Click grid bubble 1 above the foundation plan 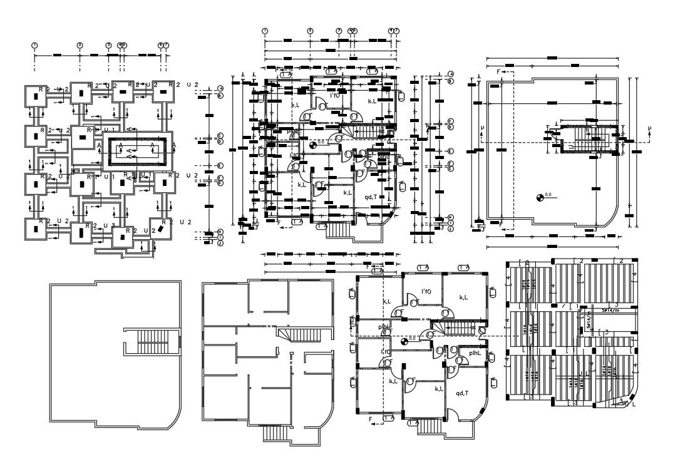(35, 45)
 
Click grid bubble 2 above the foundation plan (80, 45)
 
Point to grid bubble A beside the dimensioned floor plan (450, 74)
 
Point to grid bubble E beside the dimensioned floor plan (450, 152)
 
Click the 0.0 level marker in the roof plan (540, 198)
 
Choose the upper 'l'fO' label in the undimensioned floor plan (427, 291)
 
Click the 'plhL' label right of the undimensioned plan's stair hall (474, 353)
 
